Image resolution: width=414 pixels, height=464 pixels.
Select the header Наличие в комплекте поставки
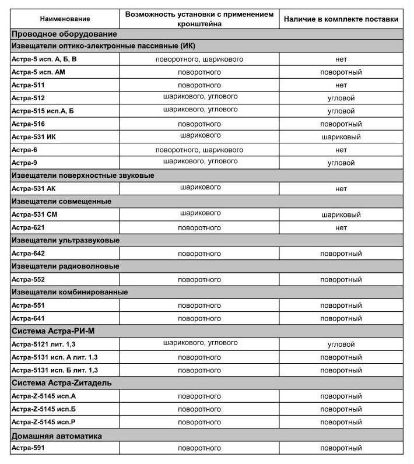[x=341, y=19]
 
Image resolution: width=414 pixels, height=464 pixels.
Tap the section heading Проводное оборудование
[x=57, y=34]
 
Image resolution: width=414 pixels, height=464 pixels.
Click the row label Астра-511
[x=29, y=85]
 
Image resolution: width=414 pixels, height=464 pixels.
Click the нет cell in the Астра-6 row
[x=341, y=150]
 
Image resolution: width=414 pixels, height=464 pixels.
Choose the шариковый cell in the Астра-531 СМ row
[x=341, y=215]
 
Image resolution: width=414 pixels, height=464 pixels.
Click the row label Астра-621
[x=29, y=227]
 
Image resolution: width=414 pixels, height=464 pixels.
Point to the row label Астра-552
[x=29, y=279]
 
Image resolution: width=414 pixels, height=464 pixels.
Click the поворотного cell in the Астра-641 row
[x=199, y=318]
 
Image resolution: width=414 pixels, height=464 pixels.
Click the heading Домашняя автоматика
[x=57, y=435]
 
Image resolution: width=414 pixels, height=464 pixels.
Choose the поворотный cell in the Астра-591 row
[x=341, y=448]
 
